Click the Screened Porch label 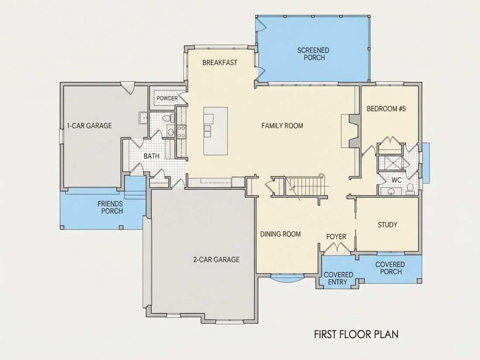coord(313,54)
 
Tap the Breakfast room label coord(220,63)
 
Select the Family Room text coord(282,126)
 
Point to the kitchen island coord(216,131)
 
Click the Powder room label coord(167,98)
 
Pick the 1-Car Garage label coord(89,126)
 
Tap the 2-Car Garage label coord(216,260)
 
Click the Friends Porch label coord(110,207)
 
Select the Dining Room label coord(281,234)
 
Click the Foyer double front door coord(337,247)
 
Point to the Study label coord(387,225)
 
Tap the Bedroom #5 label coord(386,109)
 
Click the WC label coord(396,180)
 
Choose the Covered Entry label coord(338,278)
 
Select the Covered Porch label coord(390,268)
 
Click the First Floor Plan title coord(357,334)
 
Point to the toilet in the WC coord(410,189)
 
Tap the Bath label coord(151,156)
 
